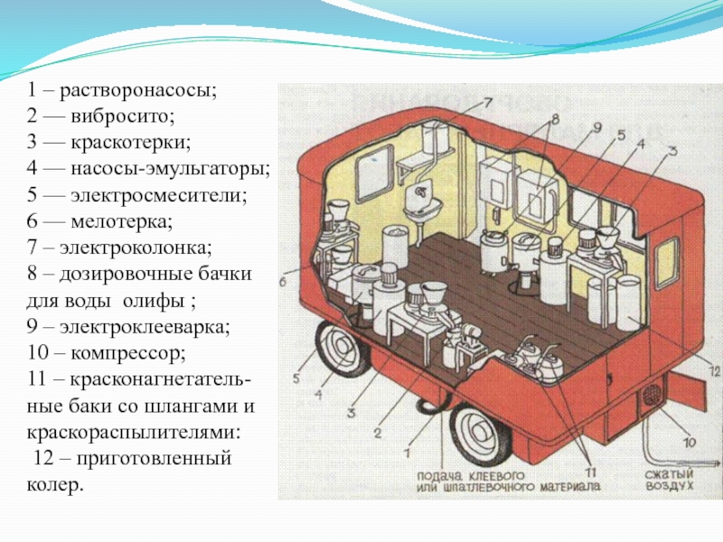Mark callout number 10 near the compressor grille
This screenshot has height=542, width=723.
[x=689, y=442]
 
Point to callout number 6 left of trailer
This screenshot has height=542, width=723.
[x=282, y=283]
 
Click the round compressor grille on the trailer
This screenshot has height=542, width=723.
[x=650, y=398]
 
